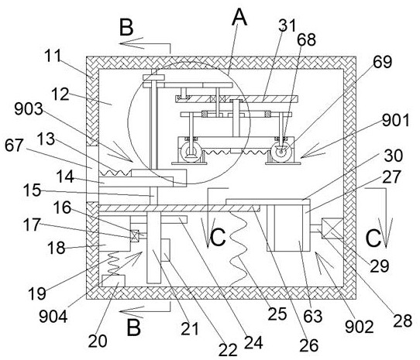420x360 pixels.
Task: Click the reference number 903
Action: click(x=29, y=109)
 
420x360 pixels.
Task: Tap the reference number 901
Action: click(x=396, y=120)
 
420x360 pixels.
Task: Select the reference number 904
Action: click(x=53, y=317)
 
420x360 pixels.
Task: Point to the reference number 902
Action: click(x=360, y=327)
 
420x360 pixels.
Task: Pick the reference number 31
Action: click(x=287, y=26)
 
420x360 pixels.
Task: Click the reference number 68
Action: click(x=306, y=39)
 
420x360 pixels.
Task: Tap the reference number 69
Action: click(x=383, y=62)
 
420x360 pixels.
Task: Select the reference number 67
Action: click(x=14, y=146)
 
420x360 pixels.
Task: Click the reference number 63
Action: click(x=312, y=316)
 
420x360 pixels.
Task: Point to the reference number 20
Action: click(x=98, y=341)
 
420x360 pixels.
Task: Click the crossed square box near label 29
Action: click(x=332, y=228)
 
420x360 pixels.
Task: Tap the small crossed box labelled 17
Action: click(x=135, y=236)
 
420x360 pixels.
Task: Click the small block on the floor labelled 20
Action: click(x=114, y=280)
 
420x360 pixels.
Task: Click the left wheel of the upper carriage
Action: click(x=191, y=152)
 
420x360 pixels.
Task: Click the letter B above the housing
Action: click(x=126, y=28)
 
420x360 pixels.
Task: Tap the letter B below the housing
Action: click(x=133, y=328)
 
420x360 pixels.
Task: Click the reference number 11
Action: click(x=53, y=57)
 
